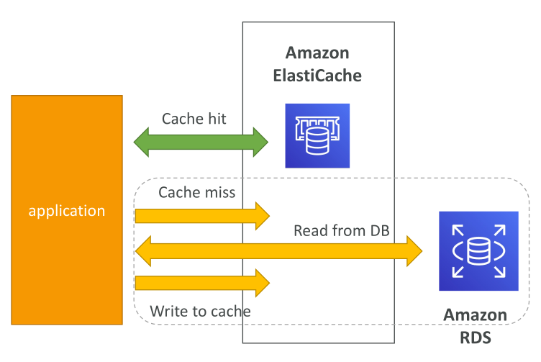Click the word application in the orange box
[67, 211]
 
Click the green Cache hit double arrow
[201, 142]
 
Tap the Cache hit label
[194, 119]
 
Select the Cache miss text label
[196, 192]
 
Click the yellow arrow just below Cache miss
[202, 216]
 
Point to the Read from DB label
[342, 230]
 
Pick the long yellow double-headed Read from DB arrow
[279, 251]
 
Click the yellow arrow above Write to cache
[202, 283]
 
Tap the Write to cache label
[200, 312]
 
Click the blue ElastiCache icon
[317, 136]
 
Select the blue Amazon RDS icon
[478, 251]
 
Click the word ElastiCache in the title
[317, 76]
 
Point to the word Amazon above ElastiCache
[317, 53]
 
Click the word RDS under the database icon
[476, 338]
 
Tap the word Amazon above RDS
[476, 315]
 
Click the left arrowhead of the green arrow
[142, 142]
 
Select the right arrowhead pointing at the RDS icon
[414, 251]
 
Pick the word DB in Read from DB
[380, 230]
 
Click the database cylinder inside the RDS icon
[478, 251]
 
